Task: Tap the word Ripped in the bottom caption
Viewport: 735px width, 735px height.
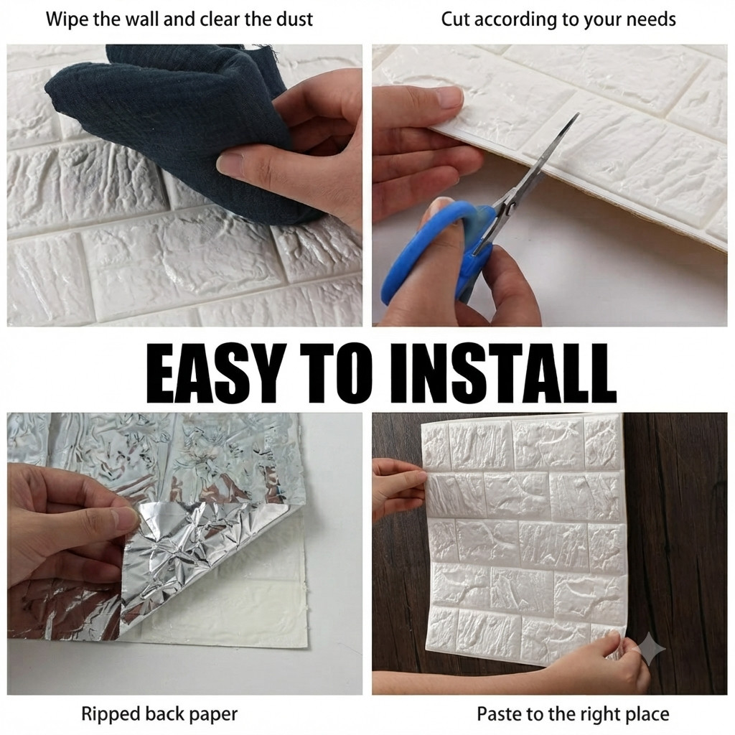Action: (111, 715)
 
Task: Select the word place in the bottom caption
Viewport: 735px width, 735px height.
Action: (646, 715)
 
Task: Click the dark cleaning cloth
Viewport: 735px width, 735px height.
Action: (187, 126)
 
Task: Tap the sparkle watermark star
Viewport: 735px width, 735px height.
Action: (648, 649)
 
